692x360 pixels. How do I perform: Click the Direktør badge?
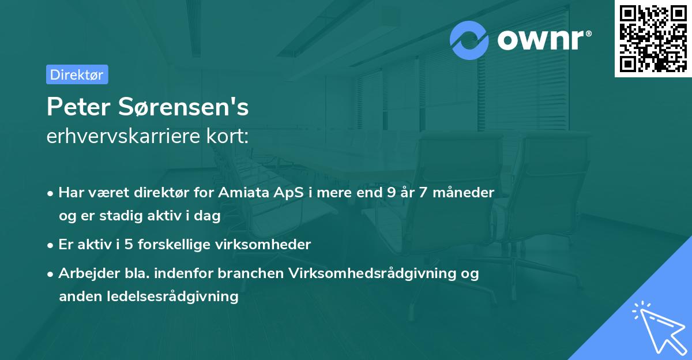[x=77, y=74]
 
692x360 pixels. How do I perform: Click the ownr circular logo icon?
[x=469, y=40]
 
